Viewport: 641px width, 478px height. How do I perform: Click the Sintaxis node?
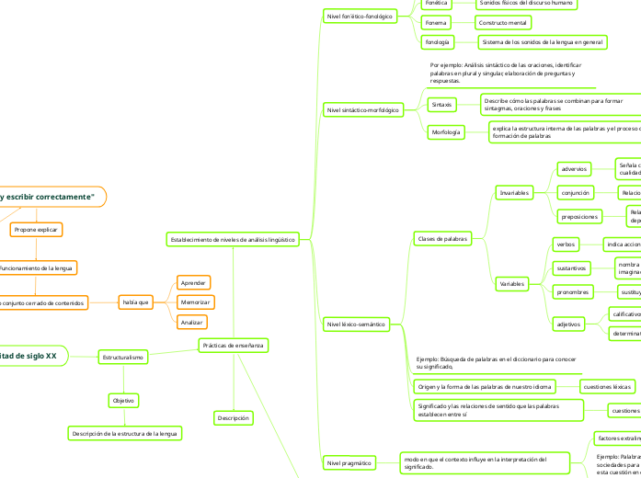pos(442,105)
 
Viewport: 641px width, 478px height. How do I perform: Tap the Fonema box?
pos(437,22)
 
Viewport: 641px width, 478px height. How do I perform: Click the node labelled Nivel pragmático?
pos(345,463)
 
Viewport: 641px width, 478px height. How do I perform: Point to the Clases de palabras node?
pos(442,239)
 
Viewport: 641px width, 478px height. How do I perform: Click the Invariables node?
pos(513,193)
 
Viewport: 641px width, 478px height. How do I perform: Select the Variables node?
pos(512,284)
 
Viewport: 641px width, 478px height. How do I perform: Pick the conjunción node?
pos(576,193)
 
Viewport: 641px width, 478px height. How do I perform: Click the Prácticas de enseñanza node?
pos(234,346)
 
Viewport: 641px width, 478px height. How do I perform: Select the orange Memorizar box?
pos(194,302)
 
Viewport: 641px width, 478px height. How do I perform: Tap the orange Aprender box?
pos(193,282)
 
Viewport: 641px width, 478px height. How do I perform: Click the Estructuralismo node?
pos(123,356)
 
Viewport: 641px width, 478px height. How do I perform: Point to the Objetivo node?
pos(123,401)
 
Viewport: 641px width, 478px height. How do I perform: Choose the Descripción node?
pos(234,418)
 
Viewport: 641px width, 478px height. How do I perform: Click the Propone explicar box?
pos(37,229)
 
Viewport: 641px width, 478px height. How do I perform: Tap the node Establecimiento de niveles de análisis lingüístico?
pos(233,239)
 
